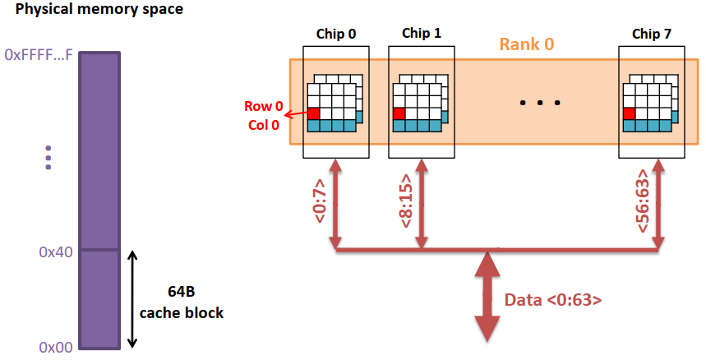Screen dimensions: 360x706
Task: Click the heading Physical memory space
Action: pyautogui.click(x=99, y=11)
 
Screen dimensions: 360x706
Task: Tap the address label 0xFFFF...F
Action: pyautogui.click(x=39, y=55)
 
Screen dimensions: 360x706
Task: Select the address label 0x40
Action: pyautogui.click(x=55, y=252)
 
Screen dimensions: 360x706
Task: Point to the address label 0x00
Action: pyautogui.click(x=55, y=347)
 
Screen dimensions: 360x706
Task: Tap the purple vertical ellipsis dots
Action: pyautogui.click(x=48, y=155)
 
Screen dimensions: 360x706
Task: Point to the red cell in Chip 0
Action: pyautogui.click(x=313, y=113)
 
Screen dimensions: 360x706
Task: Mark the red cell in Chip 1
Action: pyautogui.click(x=399, y=113)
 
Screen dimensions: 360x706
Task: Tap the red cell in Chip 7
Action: pyautogui.click(x=630, y=113)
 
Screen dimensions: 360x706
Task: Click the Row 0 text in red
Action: pyautogui.click(x=262, y=107)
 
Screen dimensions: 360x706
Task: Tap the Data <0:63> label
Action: pyautogui.click(x=552, y=300)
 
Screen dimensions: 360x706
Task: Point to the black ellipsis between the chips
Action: pyautogui.click(x=540, y=104)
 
